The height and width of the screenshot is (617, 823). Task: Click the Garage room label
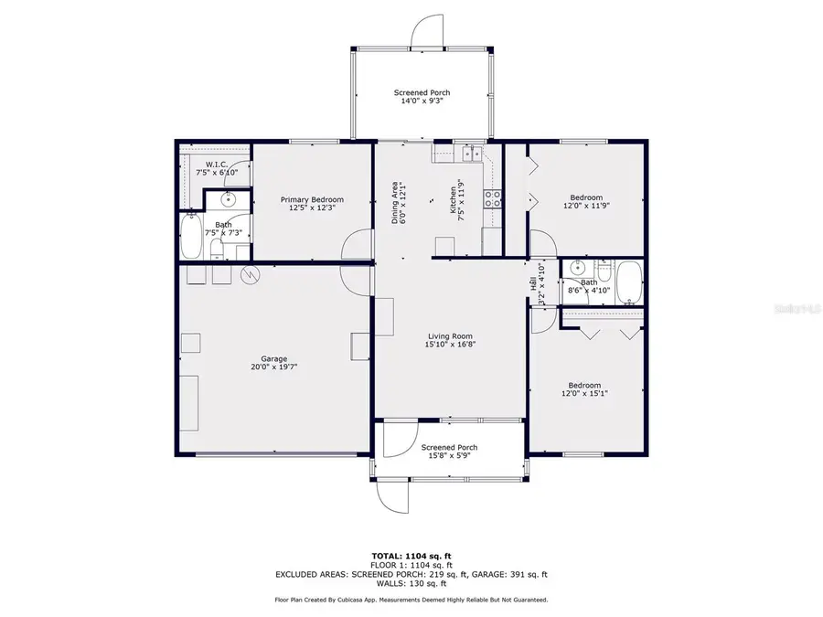tap(273, 363)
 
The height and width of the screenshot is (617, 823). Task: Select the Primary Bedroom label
tap(312, 204)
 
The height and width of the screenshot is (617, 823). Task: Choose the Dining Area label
tap(398, 202)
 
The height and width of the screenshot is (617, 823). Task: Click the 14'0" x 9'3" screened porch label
tap(422, 97)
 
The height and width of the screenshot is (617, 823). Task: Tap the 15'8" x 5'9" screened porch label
tap(449, 452)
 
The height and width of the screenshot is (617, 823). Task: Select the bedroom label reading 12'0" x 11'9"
tap(586, 202)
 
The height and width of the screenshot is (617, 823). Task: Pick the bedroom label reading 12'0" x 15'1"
tap(585, 389)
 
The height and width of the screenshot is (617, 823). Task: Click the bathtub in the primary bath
tap(192, 237)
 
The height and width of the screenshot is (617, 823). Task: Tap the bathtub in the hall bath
tap(630, 282)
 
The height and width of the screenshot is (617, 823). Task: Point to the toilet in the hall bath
tap(604, 271)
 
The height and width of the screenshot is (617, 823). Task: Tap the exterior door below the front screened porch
tap(391, 497)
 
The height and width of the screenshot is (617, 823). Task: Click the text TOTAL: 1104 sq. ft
tap(411, 556)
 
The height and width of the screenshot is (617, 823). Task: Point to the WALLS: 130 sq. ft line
tap(411, 583)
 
